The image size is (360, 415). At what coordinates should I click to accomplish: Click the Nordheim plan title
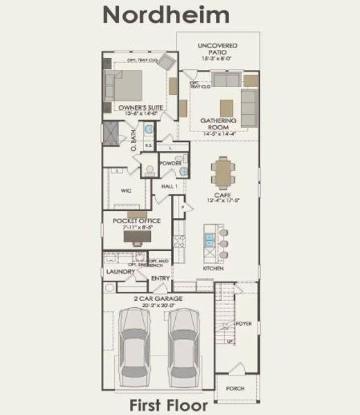coord(166,15)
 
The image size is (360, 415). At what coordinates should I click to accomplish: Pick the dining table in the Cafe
coord(222,173)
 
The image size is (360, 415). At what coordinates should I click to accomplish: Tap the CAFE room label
coord(222,197)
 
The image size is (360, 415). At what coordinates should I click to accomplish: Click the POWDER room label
coord(170,163)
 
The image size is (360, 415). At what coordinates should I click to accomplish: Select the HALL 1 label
coord(170,187)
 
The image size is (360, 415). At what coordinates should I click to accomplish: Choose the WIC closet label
coord(126,190)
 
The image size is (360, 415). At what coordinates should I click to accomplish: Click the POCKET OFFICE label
coord(136,221)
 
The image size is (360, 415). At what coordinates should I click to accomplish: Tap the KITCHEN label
coord(213,268)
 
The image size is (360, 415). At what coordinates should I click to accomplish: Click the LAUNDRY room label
coord(119,272)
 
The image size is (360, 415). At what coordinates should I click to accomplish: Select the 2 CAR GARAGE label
coord(159,298)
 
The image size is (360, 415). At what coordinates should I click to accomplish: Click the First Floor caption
coord(166,405)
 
